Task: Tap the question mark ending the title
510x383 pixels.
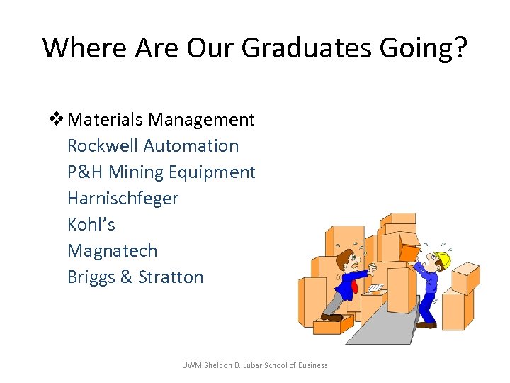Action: tap(459, 48)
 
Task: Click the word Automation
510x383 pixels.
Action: tap(191, 146)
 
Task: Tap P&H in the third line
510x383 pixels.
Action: tap(86, 172)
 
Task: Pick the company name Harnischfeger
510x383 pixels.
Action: tap(123, 199)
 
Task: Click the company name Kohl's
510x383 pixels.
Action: tap(91, 225)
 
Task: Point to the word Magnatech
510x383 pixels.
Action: tap(112, 251)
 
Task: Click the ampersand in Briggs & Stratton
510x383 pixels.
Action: tap(127, 277)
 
